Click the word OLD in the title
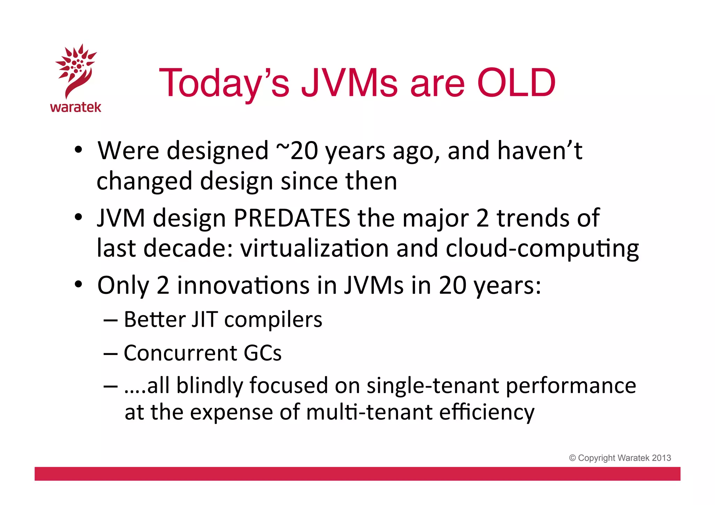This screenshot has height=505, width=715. pos(516,83)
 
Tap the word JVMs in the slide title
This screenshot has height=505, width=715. pos(349,83)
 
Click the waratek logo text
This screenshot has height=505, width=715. pos(76,107)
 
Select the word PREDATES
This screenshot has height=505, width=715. pos(292,218)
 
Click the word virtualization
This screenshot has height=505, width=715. pos(314,248)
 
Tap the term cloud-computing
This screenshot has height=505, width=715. pos(542,249)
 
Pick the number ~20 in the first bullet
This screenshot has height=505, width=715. pos(297,151)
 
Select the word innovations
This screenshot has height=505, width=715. pos(243,285)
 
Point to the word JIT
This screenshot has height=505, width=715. pos(205,319)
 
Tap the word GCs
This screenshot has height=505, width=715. pos(262,353)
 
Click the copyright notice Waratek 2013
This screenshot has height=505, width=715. pos(620,458)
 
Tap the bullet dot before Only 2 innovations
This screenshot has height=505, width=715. pos(79,284)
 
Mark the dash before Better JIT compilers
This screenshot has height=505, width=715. pos(111,320)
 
